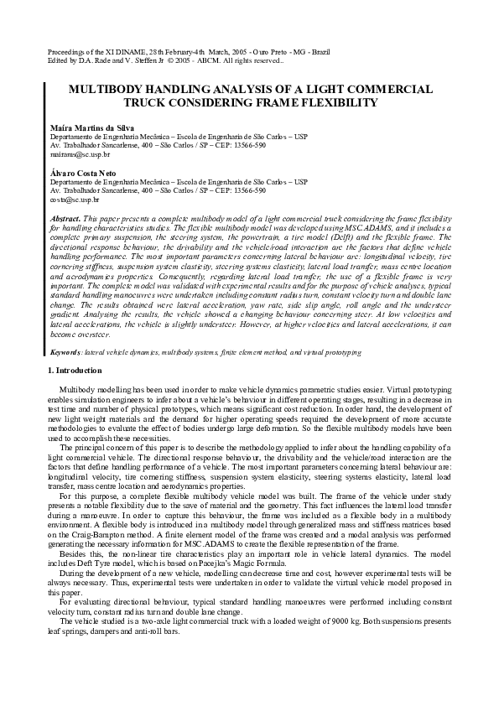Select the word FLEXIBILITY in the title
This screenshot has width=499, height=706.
[334, 102]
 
